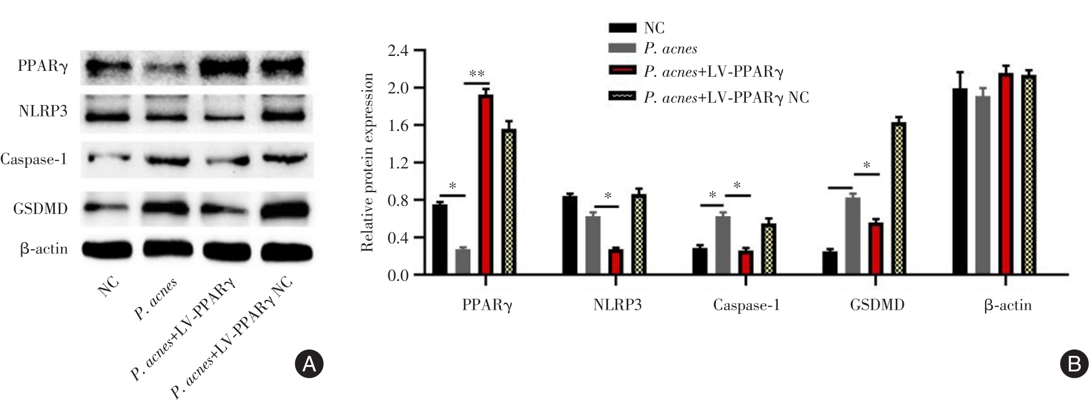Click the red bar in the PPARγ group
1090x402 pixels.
(x=485, y=185)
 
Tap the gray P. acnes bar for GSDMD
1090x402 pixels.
(x=853, y=236)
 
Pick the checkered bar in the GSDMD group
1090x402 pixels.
(x=898, y=199)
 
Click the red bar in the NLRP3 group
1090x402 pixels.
(x=616, y=262)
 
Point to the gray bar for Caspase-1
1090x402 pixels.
(x=723, y=246)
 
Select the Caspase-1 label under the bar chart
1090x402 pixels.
(x=746, y=305)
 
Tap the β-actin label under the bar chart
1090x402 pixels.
(x=1007, y=305)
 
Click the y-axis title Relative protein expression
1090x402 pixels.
(x=367, y=163)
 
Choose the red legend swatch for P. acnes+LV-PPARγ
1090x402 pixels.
(x=622, y=72)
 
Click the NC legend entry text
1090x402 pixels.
(x=654, y=28)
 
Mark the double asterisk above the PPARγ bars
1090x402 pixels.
(x=477, y=74)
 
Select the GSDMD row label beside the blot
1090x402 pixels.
(x=40, y=209)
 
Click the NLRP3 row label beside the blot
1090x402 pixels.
(x=43, y=111)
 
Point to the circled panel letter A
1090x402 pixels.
(x=309, y=363)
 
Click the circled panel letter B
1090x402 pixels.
(x=1074, y=363)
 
